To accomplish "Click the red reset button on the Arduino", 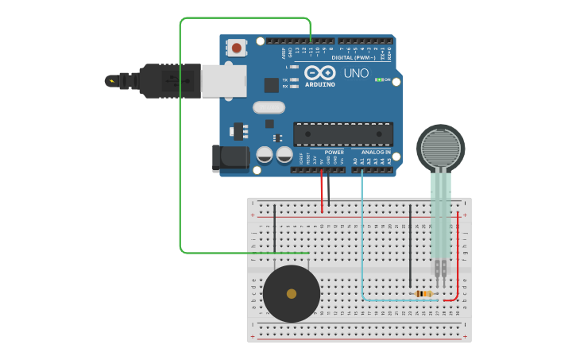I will [237, 48].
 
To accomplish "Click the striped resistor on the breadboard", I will [424, 294].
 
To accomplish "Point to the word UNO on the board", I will [356, 73].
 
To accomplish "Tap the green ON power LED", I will [379, 79].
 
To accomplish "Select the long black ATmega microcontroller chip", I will [342, 134].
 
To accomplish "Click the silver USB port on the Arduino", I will [223, 81].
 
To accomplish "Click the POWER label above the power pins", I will [334, 152].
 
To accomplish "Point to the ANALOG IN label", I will [376, 152].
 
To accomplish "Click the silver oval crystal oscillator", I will [269, 107].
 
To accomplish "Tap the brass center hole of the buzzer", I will [292, 294].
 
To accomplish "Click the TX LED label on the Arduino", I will [285, 79].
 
